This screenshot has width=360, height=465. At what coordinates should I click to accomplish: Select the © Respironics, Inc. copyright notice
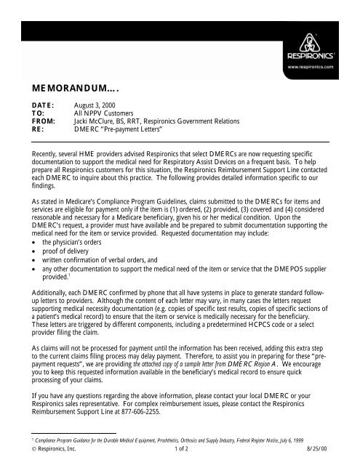(x=51, y=458)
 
